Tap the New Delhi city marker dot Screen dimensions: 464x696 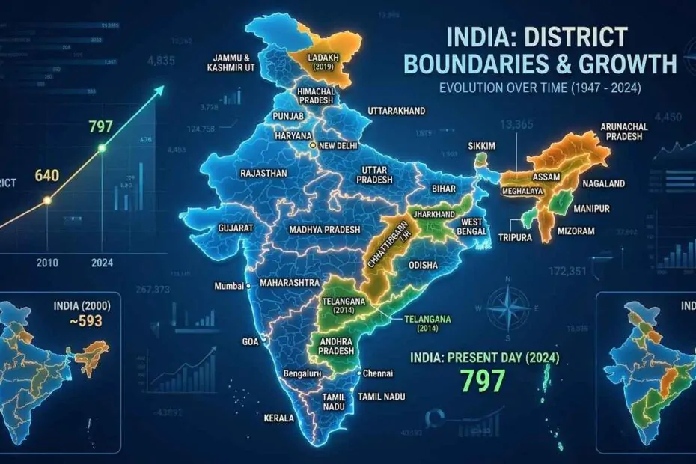pyautogui.click(x=314, y=146)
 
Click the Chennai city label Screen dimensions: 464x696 pyautogui.click(x=380, y=373)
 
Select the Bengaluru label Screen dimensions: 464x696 pyautogui.click(x=308, y=373)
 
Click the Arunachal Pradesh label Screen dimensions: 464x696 pyautogui.click(x=626, y=132)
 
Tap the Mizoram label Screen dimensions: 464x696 pyautogui.click(x=576, y=231)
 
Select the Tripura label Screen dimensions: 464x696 pyautogui.click(x=516, y=236)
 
